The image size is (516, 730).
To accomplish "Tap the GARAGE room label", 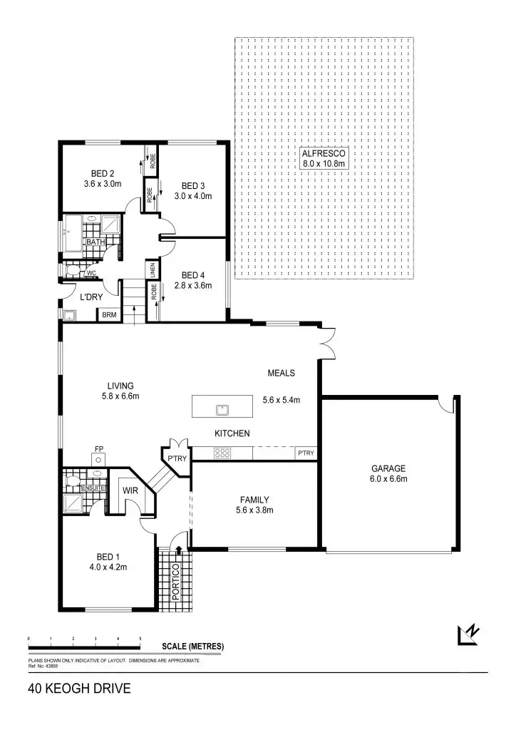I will tap(388, 468).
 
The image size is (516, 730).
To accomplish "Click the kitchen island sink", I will tap(222, 409).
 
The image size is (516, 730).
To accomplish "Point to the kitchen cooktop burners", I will tap(222, 451).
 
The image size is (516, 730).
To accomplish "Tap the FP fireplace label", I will tap(98, 449).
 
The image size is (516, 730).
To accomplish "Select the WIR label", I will tap(130, 490).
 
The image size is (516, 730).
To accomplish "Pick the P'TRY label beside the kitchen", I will tap(176, 458).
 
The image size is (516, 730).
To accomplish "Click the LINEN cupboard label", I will tap(153, 271).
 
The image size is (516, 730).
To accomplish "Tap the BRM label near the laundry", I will tap(109, 314).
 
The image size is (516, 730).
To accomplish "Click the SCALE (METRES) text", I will tap(192, 647).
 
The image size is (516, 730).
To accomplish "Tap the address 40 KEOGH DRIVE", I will tap(79, 689).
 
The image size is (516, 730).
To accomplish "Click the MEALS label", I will tap(281, 373).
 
